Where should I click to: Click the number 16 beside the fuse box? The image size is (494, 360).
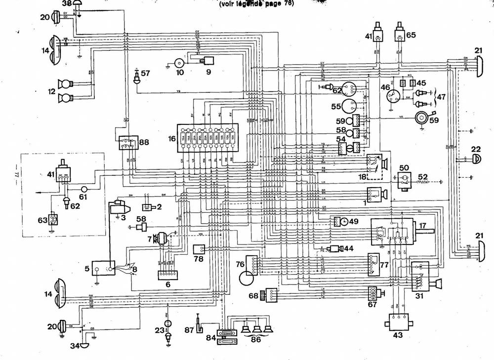[x=172, y=140]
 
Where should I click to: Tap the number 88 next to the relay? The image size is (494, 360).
[x=143, y=142]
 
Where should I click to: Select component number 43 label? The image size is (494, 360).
[x=398, y=335]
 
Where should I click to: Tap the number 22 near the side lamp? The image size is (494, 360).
[x=476, y=150]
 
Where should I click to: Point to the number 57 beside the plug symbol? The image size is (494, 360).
[x=145, y=73]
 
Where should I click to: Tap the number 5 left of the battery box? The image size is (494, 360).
[x=87, y=269]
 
